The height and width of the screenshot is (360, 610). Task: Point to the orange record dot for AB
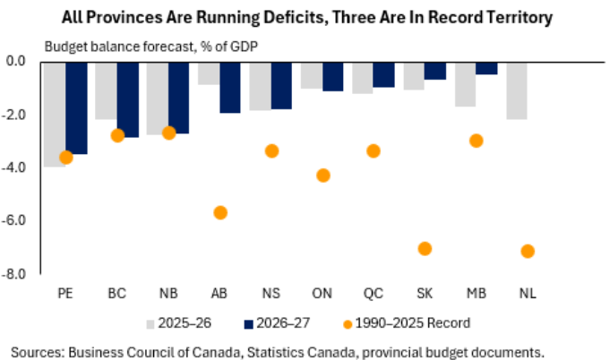click(219, 212)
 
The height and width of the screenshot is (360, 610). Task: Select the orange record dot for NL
click(528, 251)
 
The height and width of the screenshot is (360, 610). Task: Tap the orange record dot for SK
click(425, 248)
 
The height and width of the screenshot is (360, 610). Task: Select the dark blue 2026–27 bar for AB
click(230, 87)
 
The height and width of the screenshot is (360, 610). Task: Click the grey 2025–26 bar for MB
click(466, 83)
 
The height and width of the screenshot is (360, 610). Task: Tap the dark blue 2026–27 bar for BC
click(128, 99)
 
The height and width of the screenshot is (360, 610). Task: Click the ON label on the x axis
click(322, 293)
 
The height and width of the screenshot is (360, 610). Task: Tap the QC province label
click(374, 293)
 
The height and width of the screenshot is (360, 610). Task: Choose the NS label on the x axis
click(271, 293)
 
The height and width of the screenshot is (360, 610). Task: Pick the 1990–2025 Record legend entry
click(408, 321)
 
